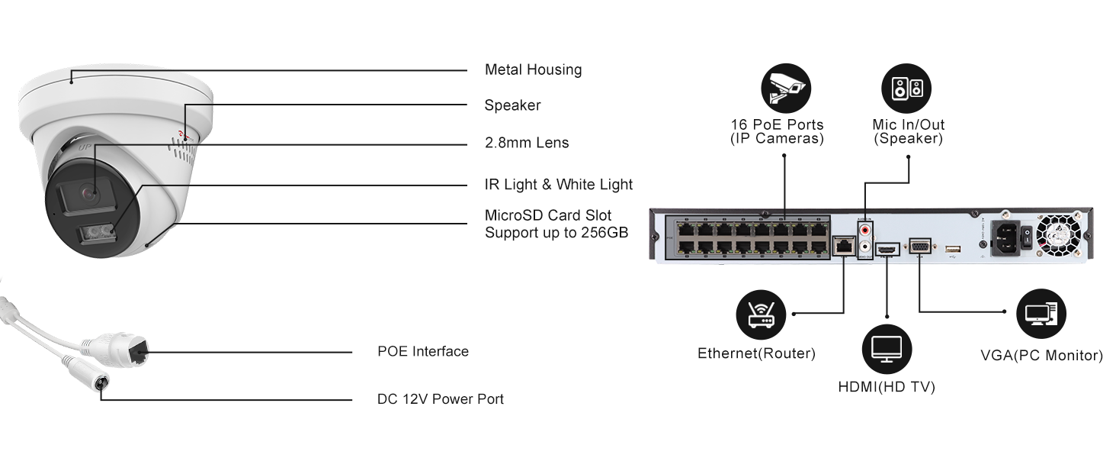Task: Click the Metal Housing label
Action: [x=533, y=70]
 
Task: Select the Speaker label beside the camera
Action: [x=512, y=105]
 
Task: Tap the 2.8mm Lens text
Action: [x=527, y=143]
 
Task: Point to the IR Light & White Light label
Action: [x=559, y=185]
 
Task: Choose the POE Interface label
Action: [x=423, y=351]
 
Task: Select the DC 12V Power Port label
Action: [x=441, y=399]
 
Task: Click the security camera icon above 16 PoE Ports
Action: [x=786, y=89]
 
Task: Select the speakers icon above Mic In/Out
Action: [x=906, y=89]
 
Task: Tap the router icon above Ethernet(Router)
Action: [x=761, y=314]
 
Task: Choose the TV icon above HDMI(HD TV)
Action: [x=887, y=349]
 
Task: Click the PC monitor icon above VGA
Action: [x=1041, y=314]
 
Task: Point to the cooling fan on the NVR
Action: [x=1059, y=235]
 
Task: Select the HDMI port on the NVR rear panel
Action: [x=888, y=248]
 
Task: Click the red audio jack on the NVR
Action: [x=865, y=231]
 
